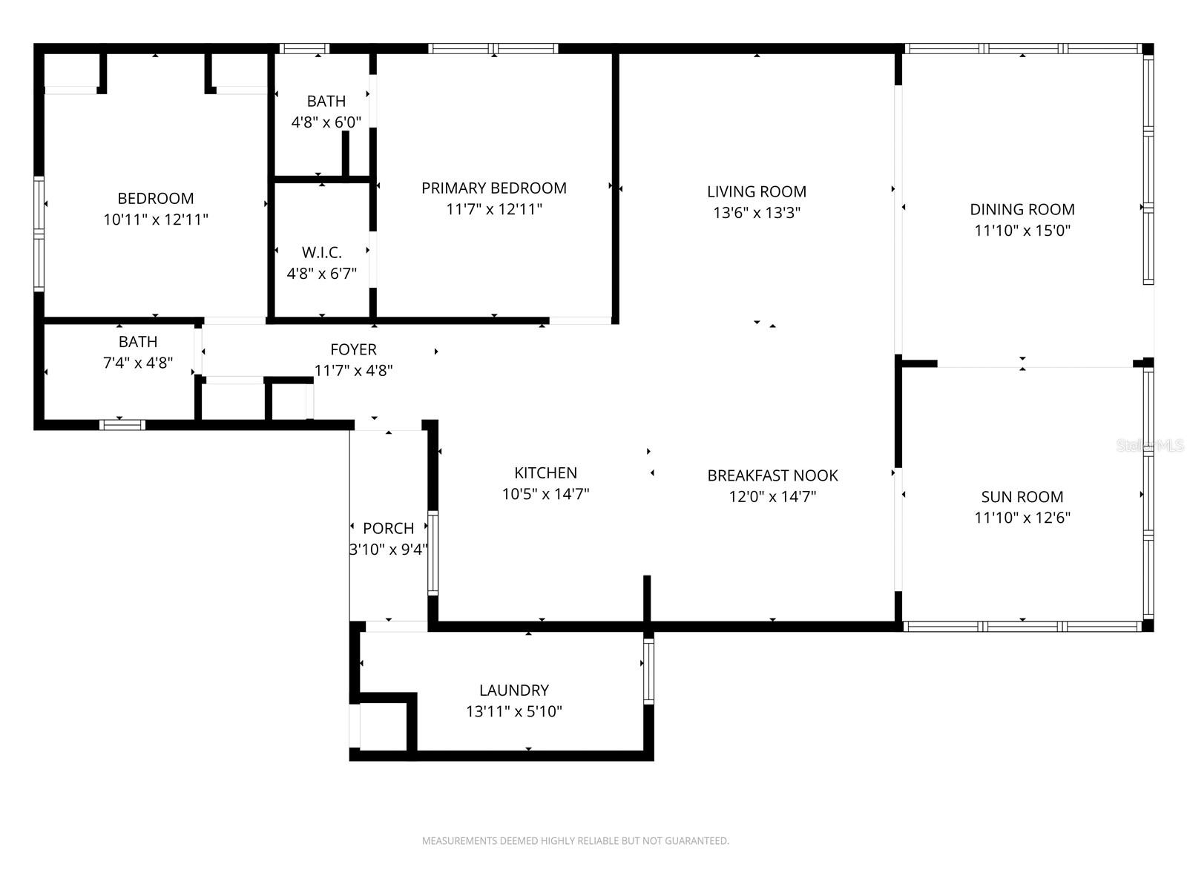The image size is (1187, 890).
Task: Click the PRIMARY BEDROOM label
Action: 493,188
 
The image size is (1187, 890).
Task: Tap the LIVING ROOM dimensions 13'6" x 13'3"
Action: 757,213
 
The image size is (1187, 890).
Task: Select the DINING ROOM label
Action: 1022,209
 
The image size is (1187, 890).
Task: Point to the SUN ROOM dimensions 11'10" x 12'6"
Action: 1022,518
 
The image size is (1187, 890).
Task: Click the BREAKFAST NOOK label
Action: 772,475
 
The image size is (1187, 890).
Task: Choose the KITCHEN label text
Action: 545,473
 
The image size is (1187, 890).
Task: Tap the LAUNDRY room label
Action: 513,690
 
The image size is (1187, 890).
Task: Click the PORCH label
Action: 388,529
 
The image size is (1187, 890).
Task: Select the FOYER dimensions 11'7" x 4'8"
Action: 353,370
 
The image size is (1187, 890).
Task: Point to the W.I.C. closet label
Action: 321,253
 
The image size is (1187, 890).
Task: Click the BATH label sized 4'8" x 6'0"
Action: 326,102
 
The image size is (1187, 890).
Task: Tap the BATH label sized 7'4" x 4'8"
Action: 138,342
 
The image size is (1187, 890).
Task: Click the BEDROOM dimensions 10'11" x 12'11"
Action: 156,220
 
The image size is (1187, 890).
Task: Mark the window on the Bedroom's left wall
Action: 39,234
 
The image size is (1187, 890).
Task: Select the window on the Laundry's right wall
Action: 648,671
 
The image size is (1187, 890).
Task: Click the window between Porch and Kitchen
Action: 433,553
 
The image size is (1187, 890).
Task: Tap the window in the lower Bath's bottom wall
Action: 122,425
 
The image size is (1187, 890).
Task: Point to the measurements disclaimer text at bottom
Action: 575,841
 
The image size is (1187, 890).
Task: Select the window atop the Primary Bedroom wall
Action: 493,49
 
